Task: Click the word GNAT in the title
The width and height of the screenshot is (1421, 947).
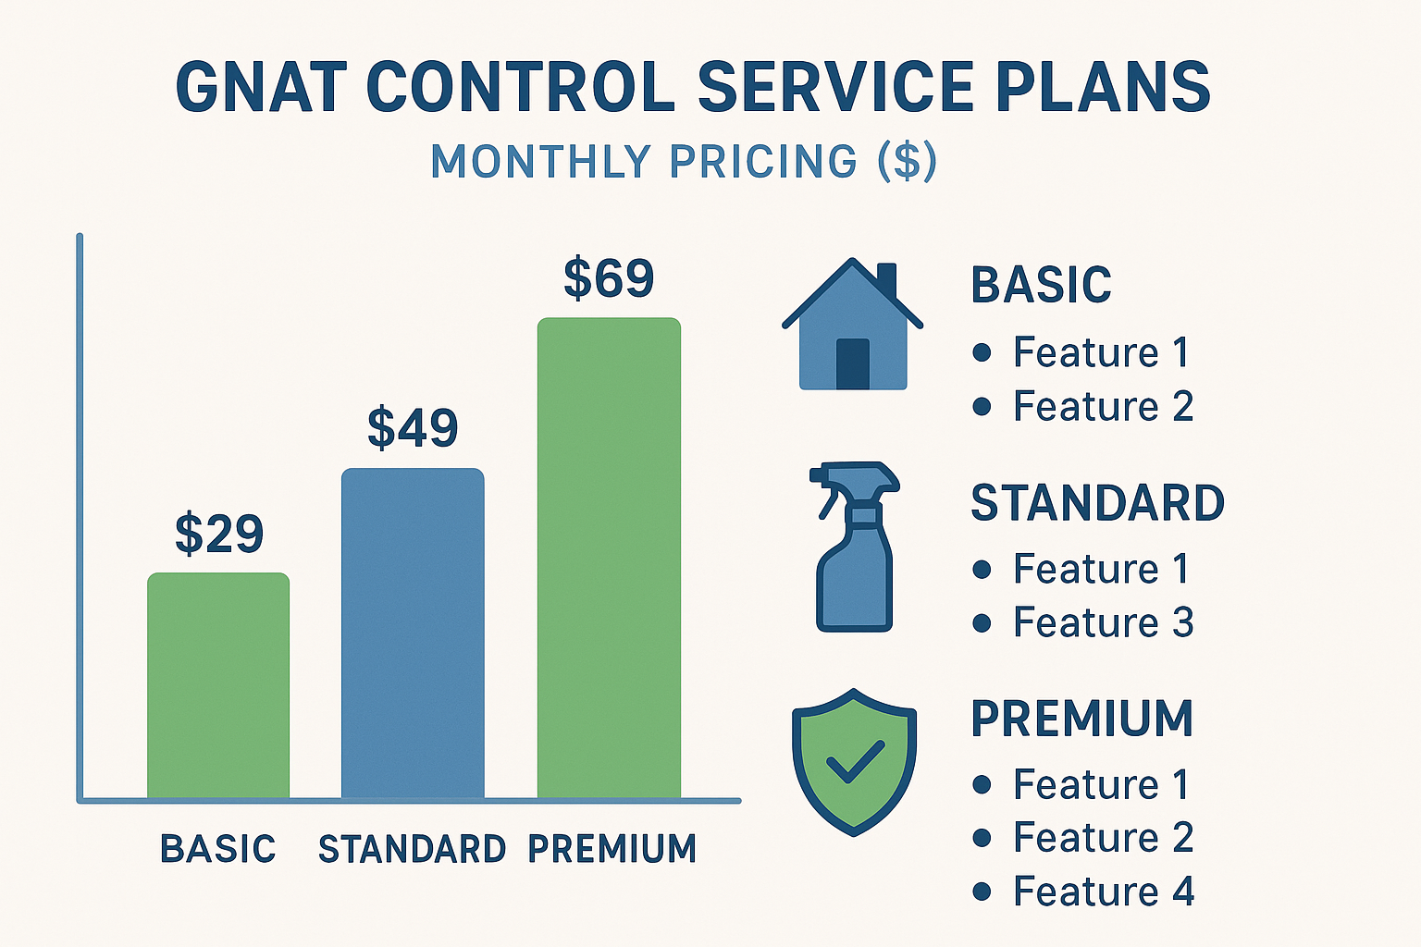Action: click(x=261, y=87)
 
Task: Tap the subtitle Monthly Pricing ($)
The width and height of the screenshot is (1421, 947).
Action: click(x=684, y=162)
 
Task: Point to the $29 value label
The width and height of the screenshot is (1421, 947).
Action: click(x=219, y=534)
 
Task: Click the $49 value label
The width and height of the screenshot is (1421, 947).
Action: click(x=413, y=427)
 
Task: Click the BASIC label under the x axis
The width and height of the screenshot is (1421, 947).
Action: click(x=218, y=849)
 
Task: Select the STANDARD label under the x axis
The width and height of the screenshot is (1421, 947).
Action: click(x=412, y=849)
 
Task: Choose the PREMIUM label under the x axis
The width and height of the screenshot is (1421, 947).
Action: click(x=612, y=849)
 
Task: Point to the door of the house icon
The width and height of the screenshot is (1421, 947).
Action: click(x=853, y=363)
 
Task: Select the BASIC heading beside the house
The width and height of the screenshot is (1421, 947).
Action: click(x=1041, y=285)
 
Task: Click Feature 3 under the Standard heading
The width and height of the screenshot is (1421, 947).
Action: click(x=1103, y=622)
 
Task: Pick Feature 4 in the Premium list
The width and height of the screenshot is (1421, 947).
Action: click(x=1103, y=892)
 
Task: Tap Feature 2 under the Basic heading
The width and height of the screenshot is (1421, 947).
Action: click(x=1103, y=407)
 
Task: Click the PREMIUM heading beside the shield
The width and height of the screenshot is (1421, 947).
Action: click(x=1081, y=719)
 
